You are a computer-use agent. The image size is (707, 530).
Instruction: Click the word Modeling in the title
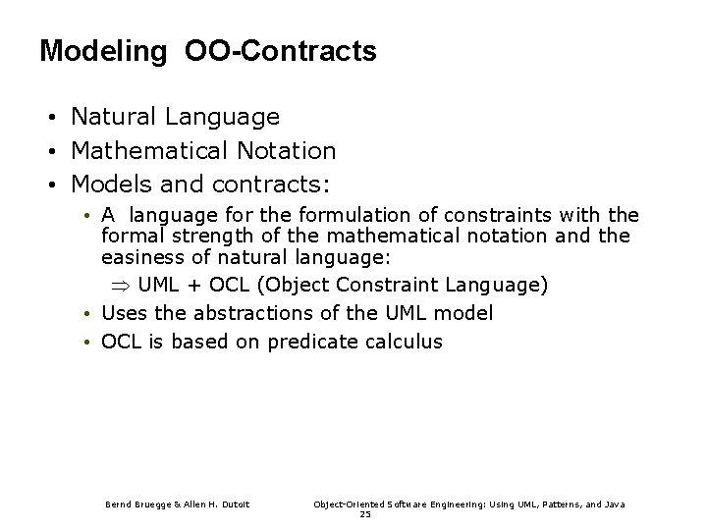point(102,52)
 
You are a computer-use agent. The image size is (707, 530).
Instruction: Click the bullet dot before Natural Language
point(50,119)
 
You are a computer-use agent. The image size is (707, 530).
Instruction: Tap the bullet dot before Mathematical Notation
point(50,152)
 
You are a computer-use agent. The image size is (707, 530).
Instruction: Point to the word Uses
point(124,313)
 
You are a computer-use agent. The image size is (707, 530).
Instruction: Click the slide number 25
point(365,514)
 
